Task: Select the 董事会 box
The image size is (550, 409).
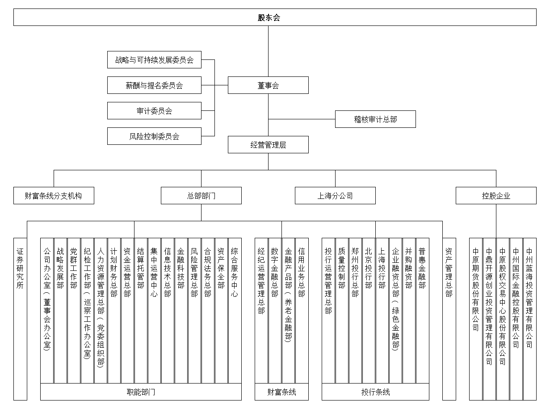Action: [x=268, y=85]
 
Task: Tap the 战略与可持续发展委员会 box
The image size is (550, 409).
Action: [x=154, y=60]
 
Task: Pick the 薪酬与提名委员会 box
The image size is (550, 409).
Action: [x=154, y=85]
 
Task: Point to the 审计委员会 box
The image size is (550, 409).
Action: [x=154, y=111]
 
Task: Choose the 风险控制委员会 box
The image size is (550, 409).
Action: [x=154, y=136]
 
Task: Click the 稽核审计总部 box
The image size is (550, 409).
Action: [x=375, y=119]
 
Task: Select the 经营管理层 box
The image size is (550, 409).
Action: [x=268, y=145]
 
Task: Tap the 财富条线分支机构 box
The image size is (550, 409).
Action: [x=54, y=196]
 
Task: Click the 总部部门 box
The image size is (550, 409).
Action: [x=201, y=196]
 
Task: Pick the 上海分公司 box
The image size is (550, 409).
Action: [x=335, y=196]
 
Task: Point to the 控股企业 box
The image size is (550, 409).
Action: [x=496, y=196]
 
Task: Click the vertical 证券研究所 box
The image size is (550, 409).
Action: [x=20, y=319]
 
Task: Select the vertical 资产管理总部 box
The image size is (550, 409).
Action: [x=449, y=319]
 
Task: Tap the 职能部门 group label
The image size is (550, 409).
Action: [x=141, y=392]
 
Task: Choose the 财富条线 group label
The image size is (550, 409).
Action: [x=281, y=392]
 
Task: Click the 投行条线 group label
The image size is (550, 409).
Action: [x=375, y=392]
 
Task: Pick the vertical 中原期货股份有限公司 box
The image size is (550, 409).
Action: [x=476, y=319]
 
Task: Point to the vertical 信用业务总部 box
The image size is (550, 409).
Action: [x=302, y=310]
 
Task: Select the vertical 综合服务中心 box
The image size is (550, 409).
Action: [x=235, y=310]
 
